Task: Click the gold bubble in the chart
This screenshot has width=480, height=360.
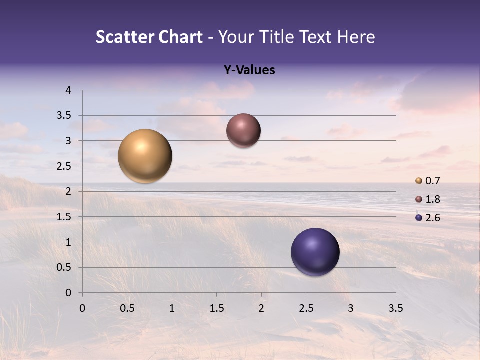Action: pyautogui.click(x=145, y=156)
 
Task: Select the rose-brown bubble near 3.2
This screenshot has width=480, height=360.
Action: pyautogui.click(x=243, y=130)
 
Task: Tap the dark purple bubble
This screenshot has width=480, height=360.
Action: pyautogui.click(x=315, y=252)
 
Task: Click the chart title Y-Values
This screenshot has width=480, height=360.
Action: pyautogui.click(x=249, y=70)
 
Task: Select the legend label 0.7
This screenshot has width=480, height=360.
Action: pyautogui.click(x=433, y=181)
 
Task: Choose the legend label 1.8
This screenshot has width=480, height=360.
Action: pyautogui.click(x=433, y=199)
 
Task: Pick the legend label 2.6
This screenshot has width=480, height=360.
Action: pyautogui.click(x=433, y=218)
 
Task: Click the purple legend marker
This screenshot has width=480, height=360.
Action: pyautogui.click(x=419, y=218)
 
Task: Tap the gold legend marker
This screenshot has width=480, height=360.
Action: pyautogui.click(x=419, y=181)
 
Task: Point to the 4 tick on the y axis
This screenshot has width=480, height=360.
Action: pyautogui.click(x=68, y=90)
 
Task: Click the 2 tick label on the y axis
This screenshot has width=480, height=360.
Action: pyautogui.click(x=68, y=191)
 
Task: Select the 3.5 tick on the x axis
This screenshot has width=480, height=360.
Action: pyautogui.click(x=395, y=308)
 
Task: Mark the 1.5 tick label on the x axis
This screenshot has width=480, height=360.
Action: pyautogui.click(x=217, y=308)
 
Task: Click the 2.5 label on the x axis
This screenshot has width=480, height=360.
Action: pyautogui.click(x=306, y=308)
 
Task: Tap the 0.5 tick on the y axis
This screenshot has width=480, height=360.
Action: pyautogui.click(x=64, y=267)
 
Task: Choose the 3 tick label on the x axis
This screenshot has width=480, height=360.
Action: pyautogui.click(x=351, y=308)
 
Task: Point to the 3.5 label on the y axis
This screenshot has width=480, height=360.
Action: pyautogui.click(x=64, y=115)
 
